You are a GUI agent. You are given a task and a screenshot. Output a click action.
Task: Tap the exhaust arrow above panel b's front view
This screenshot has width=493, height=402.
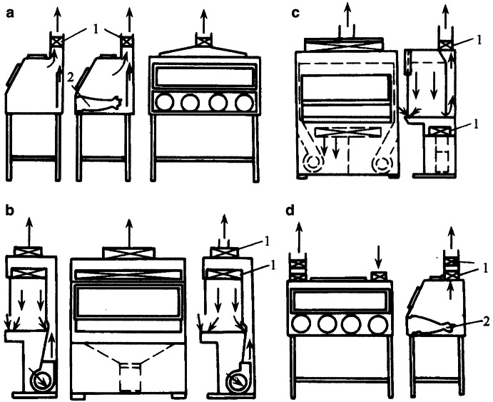tap(128, 228)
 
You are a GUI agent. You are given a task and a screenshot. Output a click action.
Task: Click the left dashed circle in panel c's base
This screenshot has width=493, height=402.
tap(312, 164)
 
